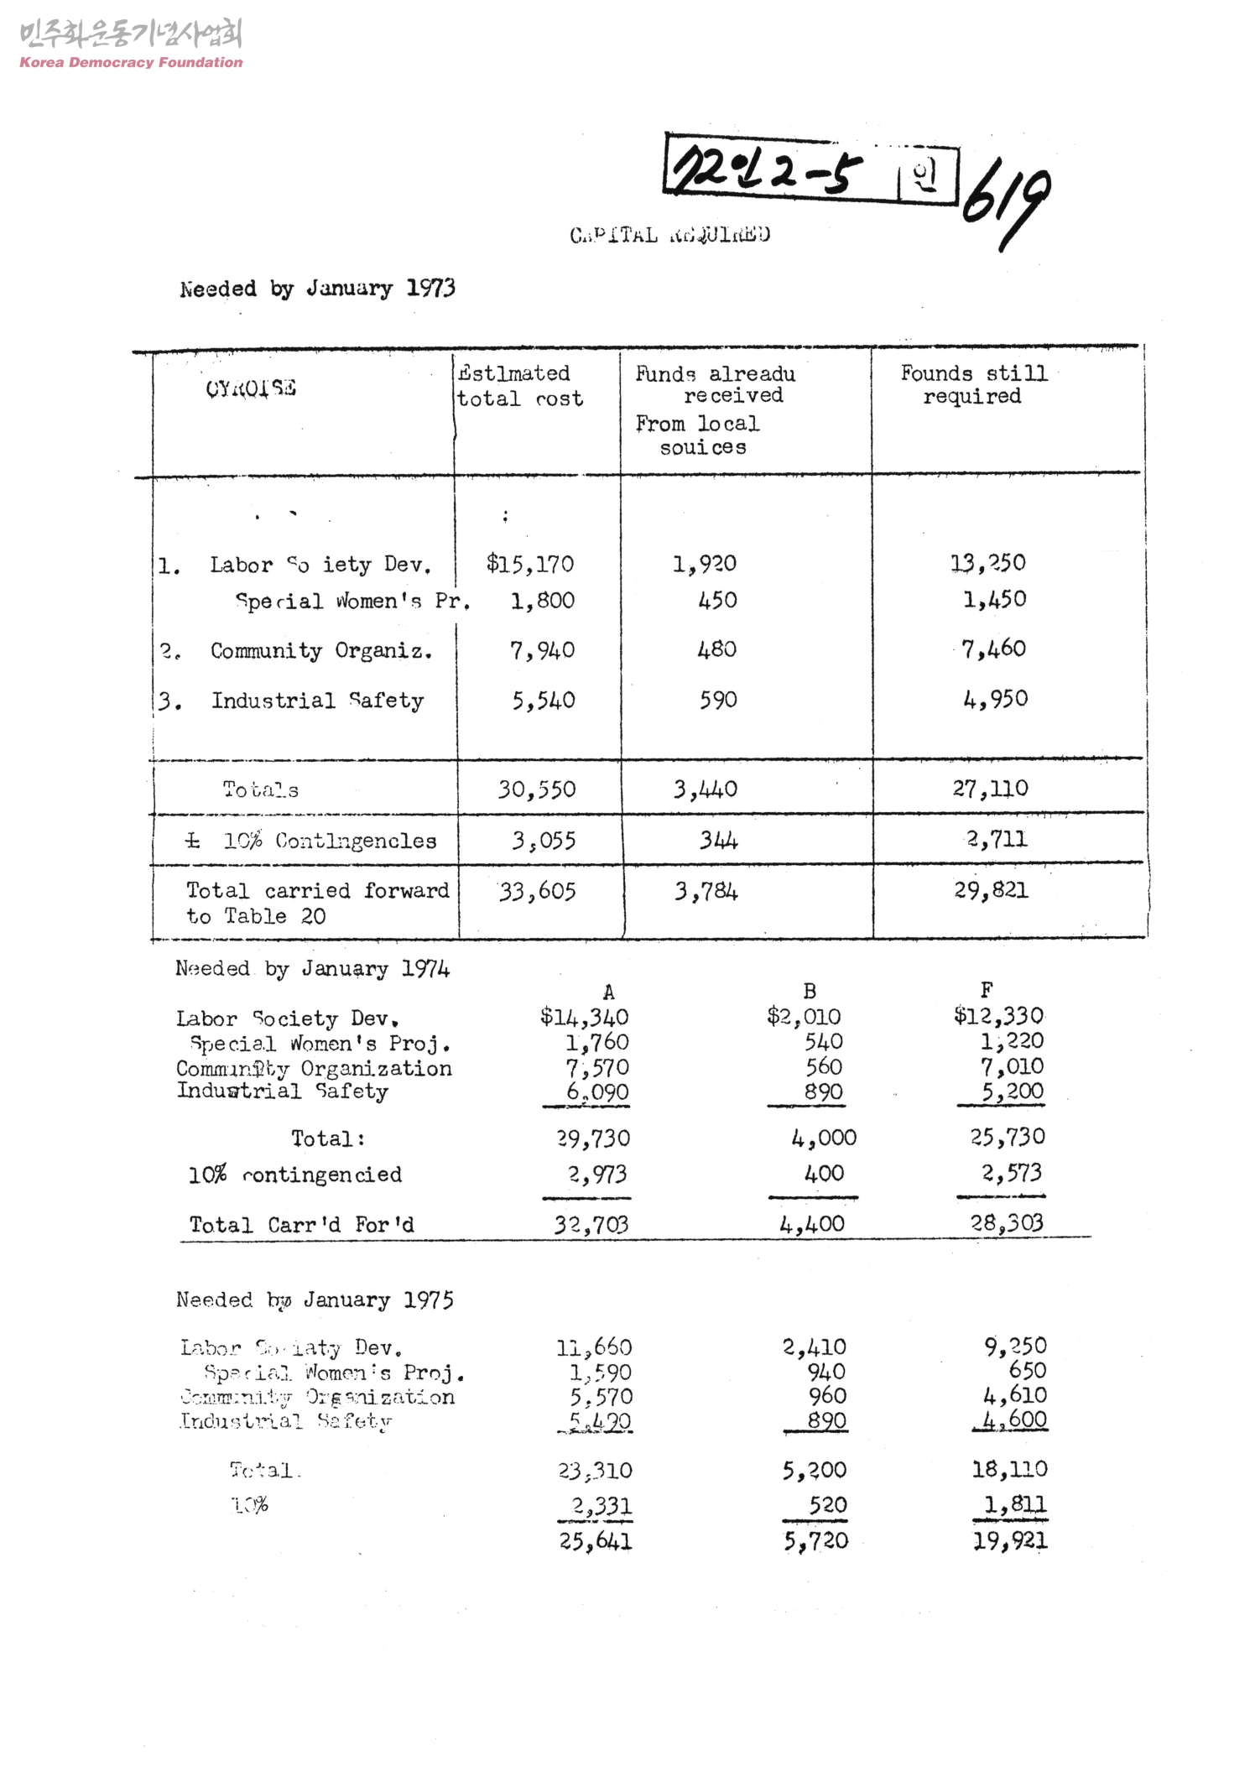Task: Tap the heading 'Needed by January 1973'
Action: pyautogui.click(x=317, y=289)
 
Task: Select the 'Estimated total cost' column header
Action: pyautogui.click(x=518, y=386)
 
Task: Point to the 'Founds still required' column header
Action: pyautogui.click(x=973, y=385)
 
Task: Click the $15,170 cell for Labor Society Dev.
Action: pyautogui.click(x=530, y=564)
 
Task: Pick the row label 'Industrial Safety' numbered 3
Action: pyautogui.click(x=316, y=701)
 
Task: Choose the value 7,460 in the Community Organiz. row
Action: pyautogui.click(x=993, y=649)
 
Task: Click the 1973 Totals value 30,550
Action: pyautogui.click(x=537, y=789)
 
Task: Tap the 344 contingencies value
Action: pyautogui.click(x=719, y=841)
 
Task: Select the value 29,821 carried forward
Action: pyautogui.click(x=991, y=890)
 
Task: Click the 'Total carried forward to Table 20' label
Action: pyautogui.click(x=316, y=903)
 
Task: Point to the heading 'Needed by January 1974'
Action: pyautogui.click(x=312, y=970)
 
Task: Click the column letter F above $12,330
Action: pyautogui.click(x=987, y=991)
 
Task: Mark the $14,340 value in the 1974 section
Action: pyautogui.click(x=584, y=1018)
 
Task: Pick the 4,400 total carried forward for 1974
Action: pyautogui.click(x=812, y=1224)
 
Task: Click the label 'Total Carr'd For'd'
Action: pyautogui.click(x=302, y=1225)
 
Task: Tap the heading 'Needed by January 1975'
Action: pyautogui.click(x=315, y=1300)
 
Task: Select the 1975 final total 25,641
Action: pyautogui.click(x=596, y=1541)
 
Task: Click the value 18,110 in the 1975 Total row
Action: pyautogui.click(x=1009, y=1469)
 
